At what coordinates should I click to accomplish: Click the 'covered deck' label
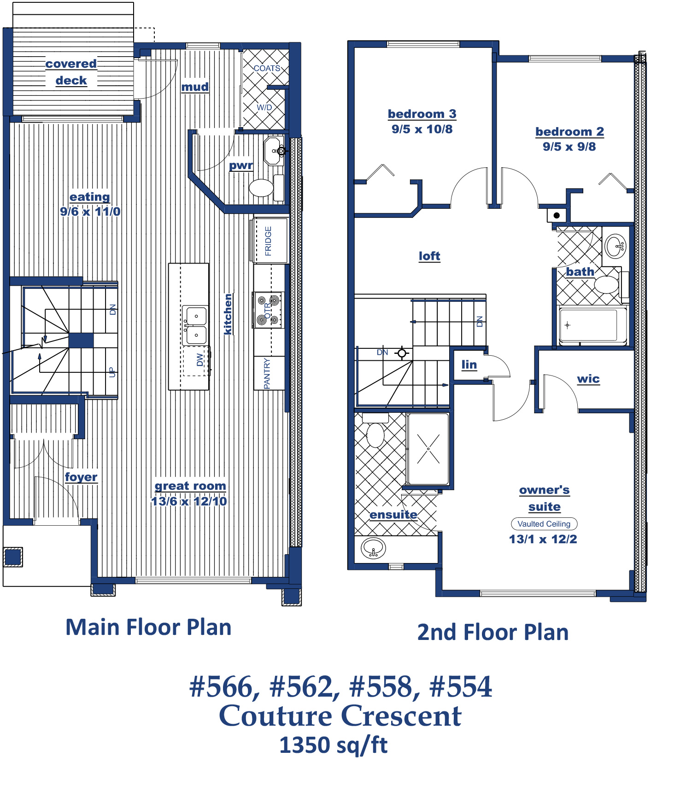[x=71, y=72]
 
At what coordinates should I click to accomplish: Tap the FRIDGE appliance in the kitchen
[x=270, y=240]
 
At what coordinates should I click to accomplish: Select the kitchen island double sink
[x=195, y=325]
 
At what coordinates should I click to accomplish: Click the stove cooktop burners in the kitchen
[x=268, y=310]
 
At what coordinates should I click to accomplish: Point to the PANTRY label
[x=267, y=374]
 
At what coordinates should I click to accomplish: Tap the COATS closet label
[x=267, y=68]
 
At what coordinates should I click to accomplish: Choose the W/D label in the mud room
[x=264, y=107]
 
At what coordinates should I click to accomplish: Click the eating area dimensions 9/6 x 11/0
[x=90, y=211]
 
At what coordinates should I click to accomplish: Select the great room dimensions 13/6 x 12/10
[x=189, y=501]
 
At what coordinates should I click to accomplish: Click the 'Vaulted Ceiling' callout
[x=544, y=524]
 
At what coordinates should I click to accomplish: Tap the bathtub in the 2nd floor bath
[x=592, y=325]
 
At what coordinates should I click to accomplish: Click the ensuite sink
[x=374, y=548]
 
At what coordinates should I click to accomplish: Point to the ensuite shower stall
[x=428, y=449]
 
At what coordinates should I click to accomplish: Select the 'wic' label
[x=588, y=379]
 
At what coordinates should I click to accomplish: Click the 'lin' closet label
[x=469, y=365]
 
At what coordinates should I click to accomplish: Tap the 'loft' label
[x=429, y=256]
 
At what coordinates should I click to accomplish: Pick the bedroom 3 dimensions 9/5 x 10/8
[x=422, y=129]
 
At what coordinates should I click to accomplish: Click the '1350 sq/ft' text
[x=334, y=745]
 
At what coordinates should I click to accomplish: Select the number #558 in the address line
[x=381, y=686]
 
